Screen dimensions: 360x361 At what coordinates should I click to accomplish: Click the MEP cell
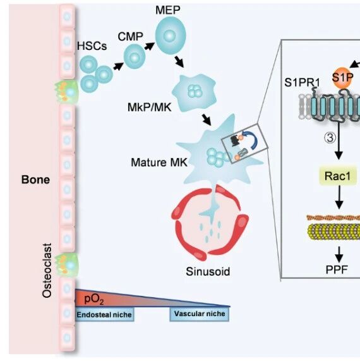[171, 35]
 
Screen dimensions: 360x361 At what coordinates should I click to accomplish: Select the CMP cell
[135, 57]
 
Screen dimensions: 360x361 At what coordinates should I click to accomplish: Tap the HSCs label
[92, 46]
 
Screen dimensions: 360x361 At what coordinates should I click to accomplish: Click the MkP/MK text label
[150, 107]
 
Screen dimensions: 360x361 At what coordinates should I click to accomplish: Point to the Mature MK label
[159, 162]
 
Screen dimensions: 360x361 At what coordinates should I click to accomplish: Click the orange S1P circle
[342, 78]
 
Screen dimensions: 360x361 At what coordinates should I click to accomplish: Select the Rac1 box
[338, 176]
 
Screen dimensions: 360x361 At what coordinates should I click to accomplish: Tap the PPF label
[337, 269]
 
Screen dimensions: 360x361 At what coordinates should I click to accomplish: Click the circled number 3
[330, 138]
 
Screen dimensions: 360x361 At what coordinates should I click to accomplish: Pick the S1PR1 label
[302, 82]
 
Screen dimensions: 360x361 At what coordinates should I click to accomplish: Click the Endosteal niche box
[104, 314]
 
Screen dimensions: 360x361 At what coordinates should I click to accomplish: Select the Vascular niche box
[200, 314]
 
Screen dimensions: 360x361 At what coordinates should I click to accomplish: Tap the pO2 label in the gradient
[94, 299]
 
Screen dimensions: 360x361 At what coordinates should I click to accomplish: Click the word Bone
[35, 180]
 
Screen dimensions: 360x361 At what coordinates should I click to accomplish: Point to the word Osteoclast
[47, 271]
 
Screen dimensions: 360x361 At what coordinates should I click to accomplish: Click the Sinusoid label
[208, 271]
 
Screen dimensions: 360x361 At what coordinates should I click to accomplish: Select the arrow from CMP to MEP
[150, 46]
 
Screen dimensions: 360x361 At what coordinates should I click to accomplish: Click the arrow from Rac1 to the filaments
[339, 197]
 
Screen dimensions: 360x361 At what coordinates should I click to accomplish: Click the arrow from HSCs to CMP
[118, 66]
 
